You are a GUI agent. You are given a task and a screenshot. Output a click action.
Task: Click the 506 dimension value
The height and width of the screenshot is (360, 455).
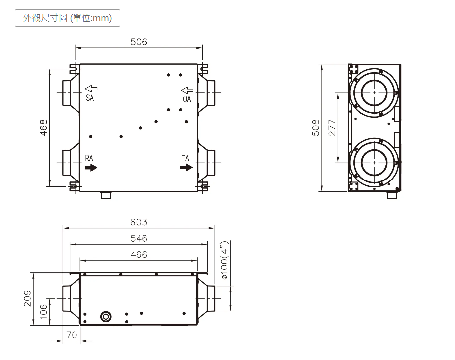click(x=139, y=42)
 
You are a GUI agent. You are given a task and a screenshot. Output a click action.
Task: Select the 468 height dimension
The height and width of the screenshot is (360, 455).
click(x=44, y=128)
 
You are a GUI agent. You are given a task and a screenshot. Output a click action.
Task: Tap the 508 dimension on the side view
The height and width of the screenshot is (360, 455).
click(x=316, y=128)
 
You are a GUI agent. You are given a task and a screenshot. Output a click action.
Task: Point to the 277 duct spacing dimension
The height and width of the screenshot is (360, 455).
click(x=332, y=128)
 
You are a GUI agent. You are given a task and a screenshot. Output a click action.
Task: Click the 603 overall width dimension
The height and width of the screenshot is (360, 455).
click(x=139, y=222)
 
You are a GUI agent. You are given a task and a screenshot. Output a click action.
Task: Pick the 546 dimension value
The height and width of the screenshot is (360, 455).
click(x=139, y=239)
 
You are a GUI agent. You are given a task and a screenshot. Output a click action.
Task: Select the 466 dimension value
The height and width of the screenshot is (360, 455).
click(x=139, y=255)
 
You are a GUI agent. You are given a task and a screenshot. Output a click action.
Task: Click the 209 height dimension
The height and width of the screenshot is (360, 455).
click(x=27, y=298)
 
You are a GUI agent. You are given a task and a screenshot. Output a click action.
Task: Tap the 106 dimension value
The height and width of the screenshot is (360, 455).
click(x=44, y=311)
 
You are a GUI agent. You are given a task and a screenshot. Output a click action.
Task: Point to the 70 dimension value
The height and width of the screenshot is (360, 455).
click(x=72, y=335)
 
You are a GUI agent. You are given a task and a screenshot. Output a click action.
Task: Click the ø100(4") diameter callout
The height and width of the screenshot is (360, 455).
click(x=225, y=260)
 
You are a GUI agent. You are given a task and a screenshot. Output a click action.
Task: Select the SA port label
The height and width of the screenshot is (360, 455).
click(x=90, y=98)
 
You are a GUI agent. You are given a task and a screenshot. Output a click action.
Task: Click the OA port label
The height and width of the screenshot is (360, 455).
click(x=187, y=99)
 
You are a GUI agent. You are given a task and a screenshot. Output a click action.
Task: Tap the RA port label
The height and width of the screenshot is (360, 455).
click(x=89, y=158)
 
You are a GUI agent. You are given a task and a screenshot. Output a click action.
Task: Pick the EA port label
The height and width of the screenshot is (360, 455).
click(x=185, y=158)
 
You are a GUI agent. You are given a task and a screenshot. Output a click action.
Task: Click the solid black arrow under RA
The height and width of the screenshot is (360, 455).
click(x=91, y=168)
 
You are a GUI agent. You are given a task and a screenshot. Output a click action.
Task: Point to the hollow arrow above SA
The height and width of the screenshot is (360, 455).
click(x=91, y=89)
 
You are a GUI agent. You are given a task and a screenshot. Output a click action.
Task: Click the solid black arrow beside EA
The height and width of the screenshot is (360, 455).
click(x=186, y=167)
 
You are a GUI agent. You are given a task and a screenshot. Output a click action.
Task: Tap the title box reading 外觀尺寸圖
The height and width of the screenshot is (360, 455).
click(x=68, y=18)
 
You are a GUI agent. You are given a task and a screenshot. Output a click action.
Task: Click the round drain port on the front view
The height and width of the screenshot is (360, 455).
click(x=106, y=316)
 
